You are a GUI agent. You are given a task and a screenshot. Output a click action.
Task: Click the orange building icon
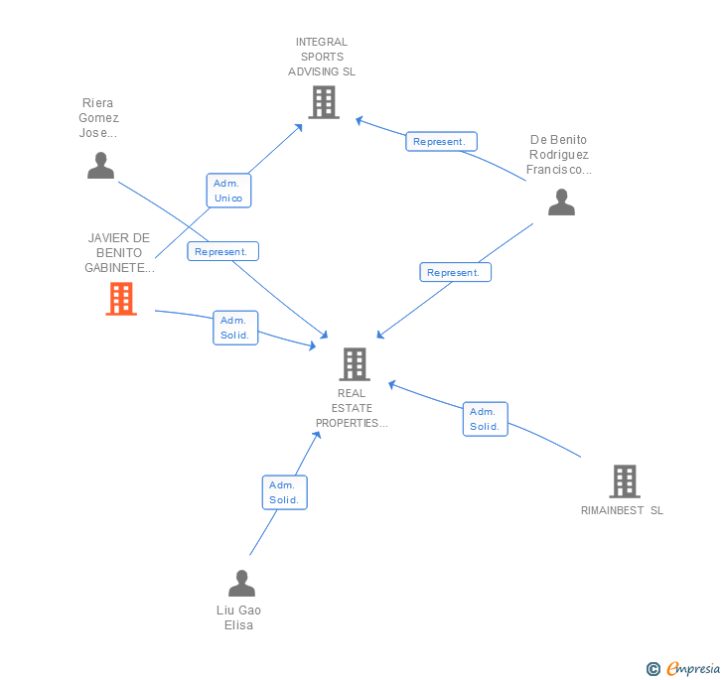[x=121, y=299]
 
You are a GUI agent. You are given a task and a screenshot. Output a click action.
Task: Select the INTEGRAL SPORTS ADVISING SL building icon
[x=323, y=102]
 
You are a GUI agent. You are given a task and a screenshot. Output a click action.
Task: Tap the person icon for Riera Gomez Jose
[x=100, y=166]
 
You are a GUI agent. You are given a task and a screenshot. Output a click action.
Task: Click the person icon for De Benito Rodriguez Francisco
[x=561, y=203]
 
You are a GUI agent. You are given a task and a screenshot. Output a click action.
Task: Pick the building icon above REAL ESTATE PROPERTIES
[x=355, y=364]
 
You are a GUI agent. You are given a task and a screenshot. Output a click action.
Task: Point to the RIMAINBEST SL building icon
[x=624, y=481]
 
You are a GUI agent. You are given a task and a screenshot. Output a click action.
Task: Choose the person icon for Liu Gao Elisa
[x=241, y=584]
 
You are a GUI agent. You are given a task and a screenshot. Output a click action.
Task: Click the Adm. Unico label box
[x=227, y=191]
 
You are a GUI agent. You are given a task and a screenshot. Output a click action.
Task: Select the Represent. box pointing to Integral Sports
[x=441, y=142]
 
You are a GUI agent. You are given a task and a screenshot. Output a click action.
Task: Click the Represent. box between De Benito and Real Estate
[x=455, y=272]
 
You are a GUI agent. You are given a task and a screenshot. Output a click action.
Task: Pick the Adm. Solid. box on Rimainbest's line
[x=485, y=419]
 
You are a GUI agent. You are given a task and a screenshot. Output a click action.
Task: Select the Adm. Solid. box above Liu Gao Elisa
[x=284, y=492]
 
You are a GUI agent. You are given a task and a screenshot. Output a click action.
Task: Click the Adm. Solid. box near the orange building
[x=234, y=328]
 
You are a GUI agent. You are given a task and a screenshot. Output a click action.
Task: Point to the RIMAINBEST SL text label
[x=622, y=510]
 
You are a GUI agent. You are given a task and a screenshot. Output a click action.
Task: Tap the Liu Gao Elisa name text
[x=238, y=617]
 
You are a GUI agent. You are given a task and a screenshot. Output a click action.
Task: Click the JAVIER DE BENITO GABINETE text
[x=119, y=253]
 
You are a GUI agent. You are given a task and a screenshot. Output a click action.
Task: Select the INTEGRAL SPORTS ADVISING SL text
[x=322, y=57]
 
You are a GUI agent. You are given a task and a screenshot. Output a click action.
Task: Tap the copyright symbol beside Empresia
[x=653, y=669]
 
